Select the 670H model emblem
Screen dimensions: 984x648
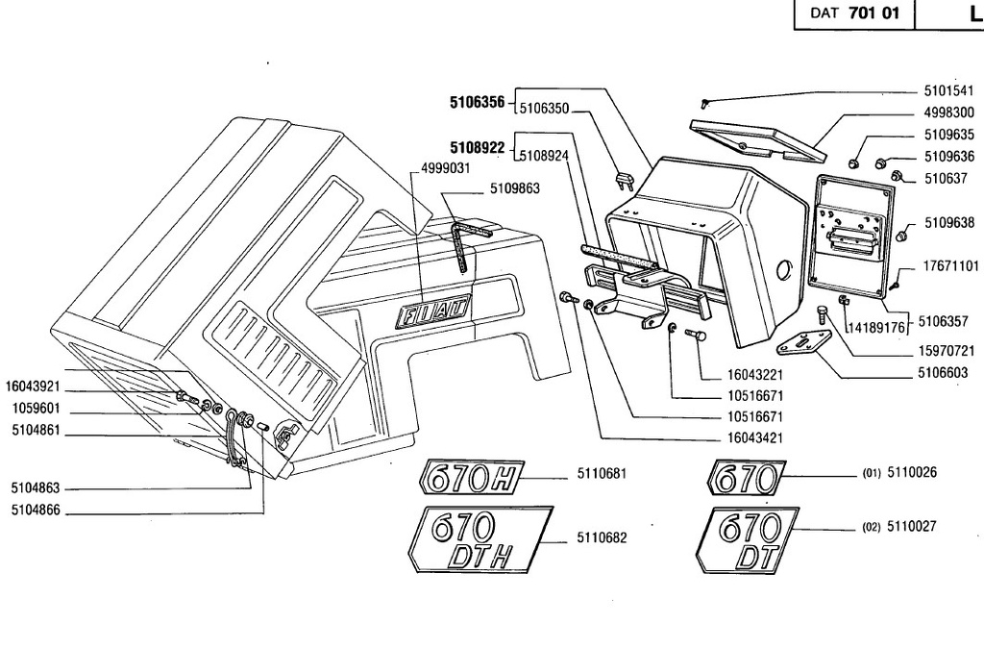point(471,477)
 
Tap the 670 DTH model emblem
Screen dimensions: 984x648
point(480,539)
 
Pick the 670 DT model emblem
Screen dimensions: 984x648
point(747,540)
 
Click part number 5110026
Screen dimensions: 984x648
point(912,472)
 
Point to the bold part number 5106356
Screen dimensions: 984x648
point(477,102)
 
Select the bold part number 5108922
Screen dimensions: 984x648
point(477,147)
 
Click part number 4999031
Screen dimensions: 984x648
point(446,168)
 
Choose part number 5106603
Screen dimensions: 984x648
point(943,373)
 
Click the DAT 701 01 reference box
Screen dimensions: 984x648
point(854,13)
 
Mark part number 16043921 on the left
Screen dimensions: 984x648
point(33,386)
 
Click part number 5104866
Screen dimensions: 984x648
point(36,510)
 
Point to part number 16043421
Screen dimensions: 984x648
point(755,437)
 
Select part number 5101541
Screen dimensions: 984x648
point(948,91)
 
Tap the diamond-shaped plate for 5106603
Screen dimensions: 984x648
point(804,343)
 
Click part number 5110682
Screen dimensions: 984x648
point(602,538)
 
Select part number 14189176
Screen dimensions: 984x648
point(877,328)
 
